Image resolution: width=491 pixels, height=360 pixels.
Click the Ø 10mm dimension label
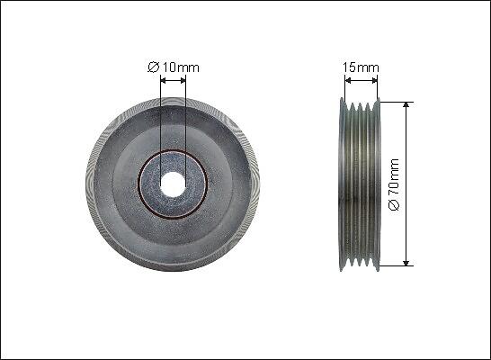174,67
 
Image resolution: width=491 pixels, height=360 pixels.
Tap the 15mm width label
361,67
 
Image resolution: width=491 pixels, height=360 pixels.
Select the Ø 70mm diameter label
394,184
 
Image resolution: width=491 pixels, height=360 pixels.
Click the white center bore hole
173,184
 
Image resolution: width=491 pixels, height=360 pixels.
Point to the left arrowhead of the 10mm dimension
163,81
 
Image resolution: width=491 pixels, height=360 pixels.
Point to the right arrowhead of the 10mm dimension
183,81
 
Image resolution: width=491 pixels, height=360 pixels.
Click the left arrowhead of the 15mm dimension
348,81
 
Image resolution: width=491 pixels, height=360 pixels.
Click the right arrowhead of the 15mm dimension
374,81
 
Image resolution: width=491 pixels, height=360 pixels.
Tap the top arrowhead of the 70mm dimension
406,105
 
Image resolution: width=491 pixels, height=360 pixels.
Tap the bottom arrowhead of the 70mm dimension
406,263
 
